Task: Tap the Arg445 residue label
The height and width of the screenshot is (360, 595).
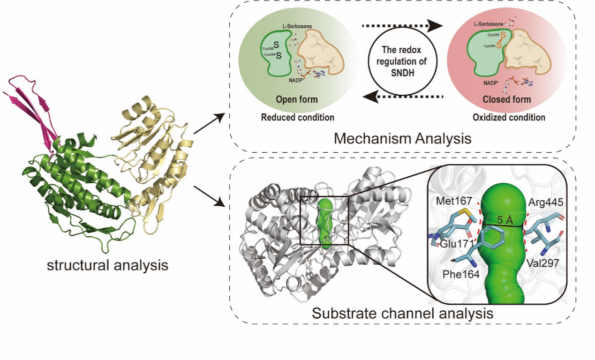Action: [545, 203]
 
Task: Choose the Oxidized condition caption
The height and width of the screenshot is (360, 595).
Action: [508, 117]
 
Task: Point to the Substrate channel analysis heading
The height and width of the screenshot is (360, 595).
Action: [402, 313]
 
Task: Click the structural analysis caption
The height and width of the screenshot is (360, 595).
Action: [107, 265]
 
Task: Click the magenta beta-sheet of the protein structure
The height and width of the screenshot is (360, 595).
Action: [38, 103]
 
